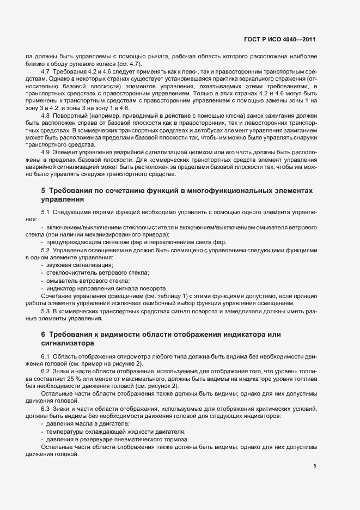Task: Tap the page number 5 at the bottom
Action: (315, 466)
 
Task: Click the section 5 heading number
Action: (43, 191)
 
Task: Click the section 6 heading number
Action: (43, 334)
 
